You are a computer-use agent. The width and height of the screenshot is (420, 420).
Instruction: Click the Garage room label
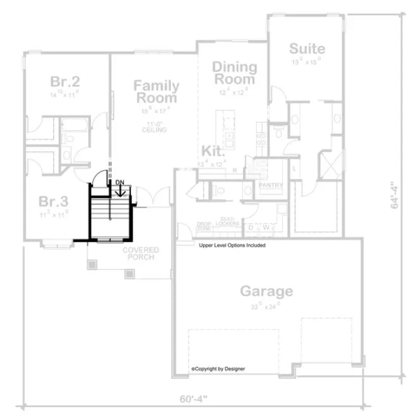coord(266,291)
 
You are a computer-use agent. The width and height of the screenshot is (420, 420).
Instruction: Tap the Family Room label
coord(156,92)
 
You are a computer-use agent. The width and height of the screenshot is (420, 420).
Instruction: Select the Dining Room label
coord(234,73)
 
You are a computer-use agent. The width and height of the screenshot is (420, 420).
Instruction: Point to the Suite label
coord(307,49)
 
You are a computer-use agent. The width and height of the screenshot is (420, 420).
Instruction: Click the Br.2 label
coord(65,82)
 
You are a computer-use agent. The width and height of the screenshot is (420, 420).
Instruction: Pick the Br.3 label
coord(53,202)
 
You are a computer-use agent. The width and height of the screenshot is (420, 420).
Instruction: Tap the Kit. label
coord(213,151)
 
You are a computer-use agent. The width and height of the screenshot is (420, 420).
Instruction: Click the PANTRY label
coord(270,185)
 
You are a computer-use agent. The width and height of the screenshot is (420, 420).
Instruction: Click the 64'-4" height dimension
coord(393,196)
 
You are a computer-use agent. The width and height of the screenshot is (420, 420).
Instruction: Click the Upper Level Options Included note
coord(232,245)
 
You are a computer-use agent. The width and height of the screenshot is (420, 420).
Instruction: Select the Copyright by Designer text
coord(218,368)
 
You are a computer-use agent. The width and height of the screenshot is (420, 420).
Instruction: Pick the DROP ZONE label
coord(204,226)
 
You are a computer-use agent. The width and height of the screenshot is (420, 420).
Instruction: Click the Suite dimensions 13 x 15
coord(307,62)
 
